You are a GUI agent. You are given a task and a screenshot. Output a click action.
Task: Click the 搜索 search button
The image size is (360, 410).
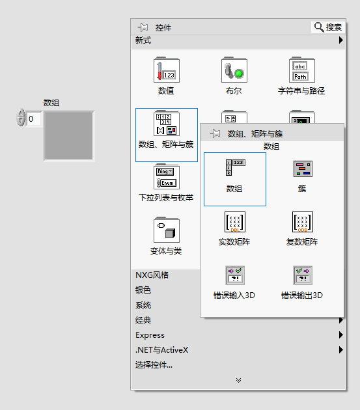328,27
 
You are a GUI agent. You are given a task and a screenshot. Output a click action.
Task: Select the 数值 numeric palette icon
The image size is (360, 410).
167,70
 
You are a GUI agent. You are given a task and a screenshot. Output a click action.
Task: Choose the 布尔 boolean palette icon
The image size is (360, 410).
234,70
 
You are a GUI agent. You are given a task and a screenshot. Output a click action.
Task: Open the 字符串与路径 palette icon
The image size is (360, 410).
302,70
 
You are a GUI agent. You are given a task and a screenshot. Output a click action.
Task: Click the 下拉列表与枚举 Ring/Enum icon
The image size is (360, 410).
167,176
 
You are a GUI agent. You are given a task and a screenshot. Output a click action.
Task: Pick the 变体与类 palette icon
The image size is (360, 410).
167,230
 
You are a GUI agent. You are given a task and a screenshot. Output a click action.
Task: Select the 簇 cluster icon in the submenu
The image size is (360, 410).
303,169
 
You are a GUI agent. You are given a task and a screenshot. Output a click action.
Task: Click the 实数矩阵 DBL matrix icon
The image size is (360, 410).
235,222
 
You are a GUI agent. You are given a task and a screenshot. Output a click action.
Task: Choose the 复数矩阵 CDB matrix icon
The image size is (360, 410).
303,222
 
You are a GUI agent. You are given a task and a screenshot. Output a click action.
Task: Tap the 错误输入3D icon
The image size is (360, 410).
235,275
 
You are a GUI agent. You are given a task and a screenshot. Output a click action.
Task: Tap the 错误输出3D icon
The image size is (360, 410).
303,275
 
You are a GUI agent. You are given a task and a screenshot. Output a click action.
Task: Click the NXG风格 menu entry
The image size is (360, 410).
152,275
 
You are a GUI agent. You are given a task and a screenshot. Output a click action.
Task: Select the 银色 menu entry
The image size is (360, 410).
143,290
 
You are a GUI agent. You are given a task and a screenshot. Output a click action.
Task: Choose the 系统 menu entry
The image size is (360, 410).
143,305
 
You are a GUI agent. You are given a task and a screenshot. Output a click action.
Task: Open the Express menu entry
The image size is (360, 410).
150,335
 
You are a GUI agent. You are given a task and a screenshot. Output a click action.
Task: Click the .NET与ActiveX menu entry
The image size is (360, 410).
161,350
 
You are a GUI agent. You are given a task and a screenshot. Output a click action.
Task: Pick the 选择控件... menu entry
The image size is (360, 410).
154,364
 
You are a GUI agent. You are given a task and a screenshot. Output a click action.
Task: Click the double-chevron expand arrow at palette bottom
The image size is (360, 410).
238,380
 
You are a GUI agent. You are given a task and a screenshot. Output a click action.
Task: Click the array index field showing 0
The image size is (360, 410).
34,119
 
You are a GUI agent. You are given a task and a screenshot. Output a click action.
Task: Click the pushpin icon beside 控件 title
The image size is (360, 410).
143,27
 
